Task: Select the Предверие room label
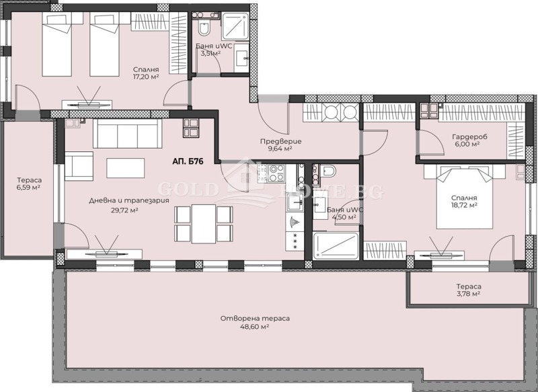280,141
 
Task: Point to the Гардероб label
465,135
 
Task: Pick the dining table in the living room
204,224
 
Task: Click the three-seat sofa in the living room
128,133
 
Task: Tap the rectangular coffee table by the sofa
125,167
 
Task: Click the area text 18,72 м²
463,206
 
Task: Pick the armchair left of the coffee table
78,166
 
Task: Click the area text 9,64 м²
280,149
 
